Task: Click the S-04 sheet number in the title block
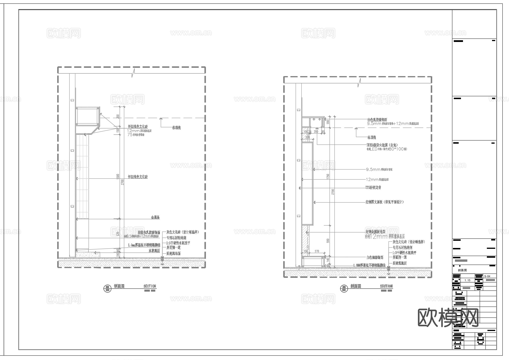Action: tap(487, 276)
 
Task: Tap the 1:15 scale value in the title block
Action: tap(467, 280)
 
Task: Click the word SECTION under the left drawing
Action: tap(150, 286)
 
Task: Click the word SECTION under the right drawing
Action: tap(386, 286)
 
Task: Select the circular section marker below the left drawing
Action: tap(107, 288)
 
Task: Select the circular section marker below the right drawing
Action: tap(344, 288)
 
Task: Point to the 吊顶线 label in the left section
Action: tap(176, 128)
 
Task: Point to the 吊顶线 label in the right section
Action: tap(372, 138)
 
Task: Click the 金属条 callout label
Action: tap(155, 217)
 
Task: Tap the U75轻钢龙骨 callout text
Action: tap(373, 188)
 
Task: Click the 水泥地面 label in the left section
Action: tap(154, 251)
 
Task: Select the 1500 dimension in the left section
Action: tap(117, 176)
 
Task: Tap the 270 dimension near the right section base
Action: tap(317, 251)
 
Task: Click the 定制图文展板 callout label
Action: tap(384, 202)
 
